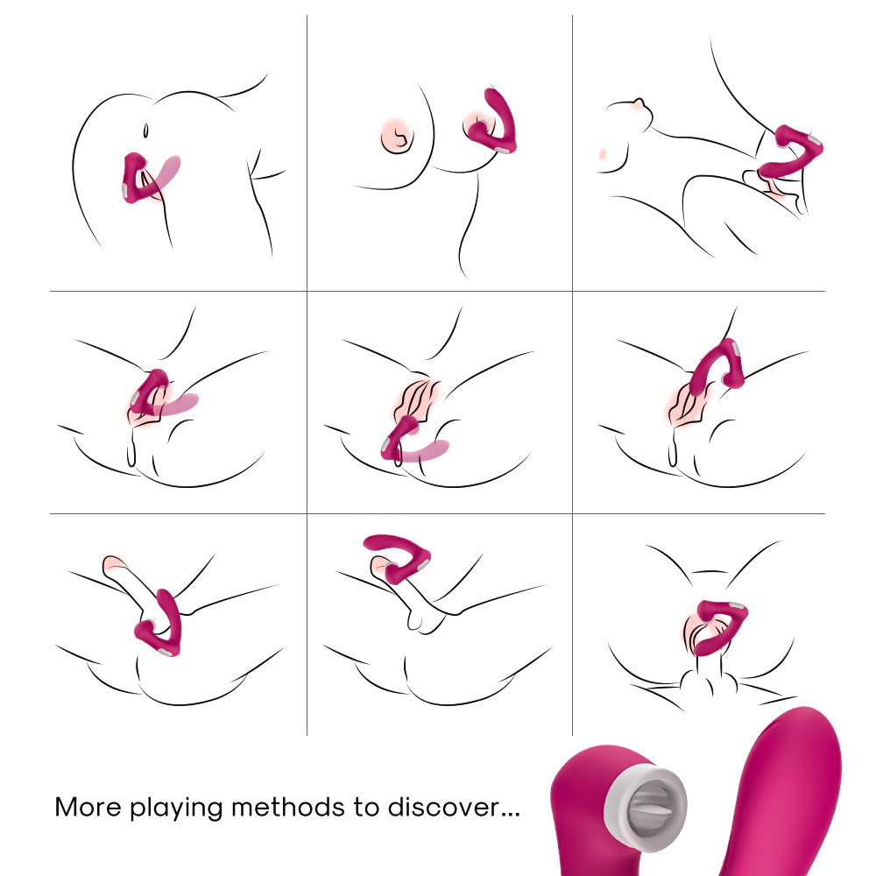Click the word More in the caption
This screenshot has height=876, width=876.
[87, 808]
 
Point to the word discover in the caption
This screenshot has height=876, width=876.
[443, 808]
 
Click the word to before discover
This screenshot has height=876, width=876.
[366, 808]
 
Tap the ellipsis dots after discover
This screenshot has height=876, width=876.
[510, 815]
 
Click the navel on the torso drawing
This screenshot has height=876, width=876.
[145, 131]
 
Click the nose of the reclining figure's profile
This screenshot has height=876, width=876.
[639, 102]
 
